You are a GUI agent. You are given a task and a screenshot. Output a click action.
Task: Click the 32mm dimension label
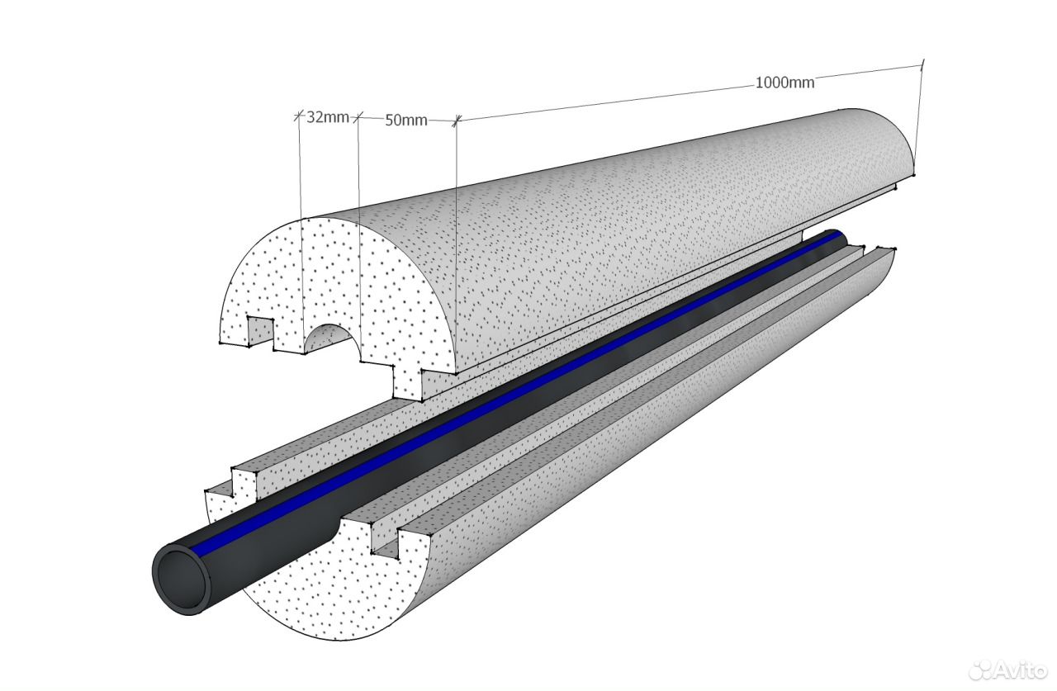click(x=328, y=117)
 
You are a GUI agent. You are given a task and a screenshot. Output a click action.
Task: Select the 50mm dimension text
click(x=406, y=121)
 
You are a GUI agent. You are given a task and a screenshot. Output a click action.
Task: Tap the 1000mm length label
click(x=784, y=83)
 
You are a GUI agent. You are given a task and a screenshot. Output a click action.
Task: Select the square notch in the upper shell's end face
click(x=261, y=330)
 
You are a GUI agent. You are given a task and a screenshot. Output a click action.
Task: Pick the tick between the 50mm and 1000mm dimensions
click(x=457, y=122)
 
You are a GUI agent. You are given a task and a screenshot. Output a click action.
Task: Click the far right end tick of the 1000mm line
click(x=922, y=64)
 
